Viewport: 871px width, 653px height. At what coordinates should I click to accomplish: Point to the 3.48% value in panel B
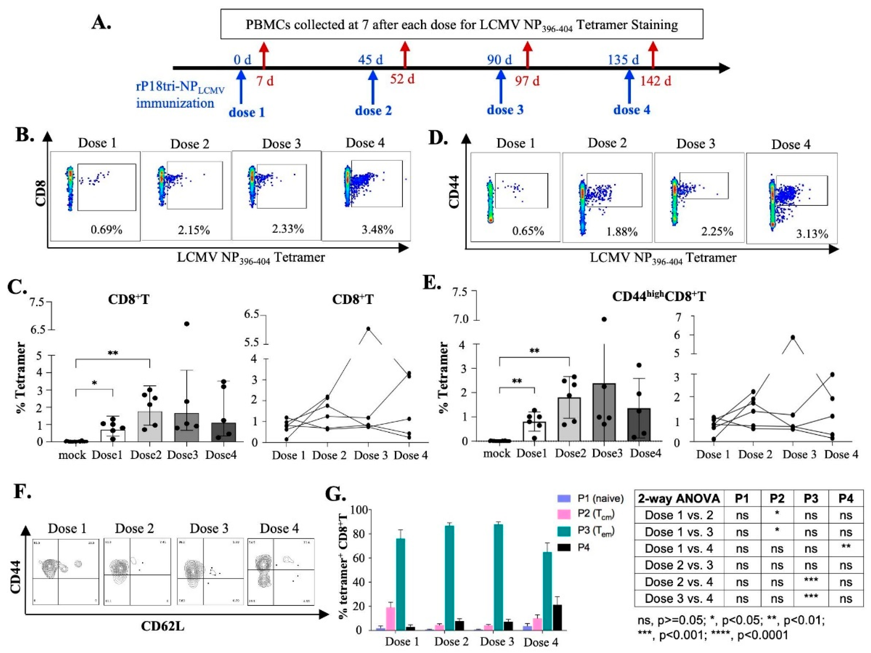(377, 230)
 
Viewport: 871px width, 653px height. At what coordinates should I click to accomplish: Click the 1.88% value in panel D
(622, 232)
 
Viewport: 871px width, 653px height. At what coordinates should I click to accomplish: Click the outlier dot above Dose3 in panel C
(187, 324)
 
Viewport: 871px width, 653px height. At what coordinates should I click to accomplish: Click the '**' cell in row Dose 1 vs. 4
(845, 548)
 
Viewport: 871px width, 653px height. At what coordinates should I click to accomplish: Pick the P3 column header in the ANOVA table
(811, 499)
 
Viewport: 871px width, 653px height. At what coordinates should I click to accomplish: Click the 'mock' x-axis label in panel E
(496, 454)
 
